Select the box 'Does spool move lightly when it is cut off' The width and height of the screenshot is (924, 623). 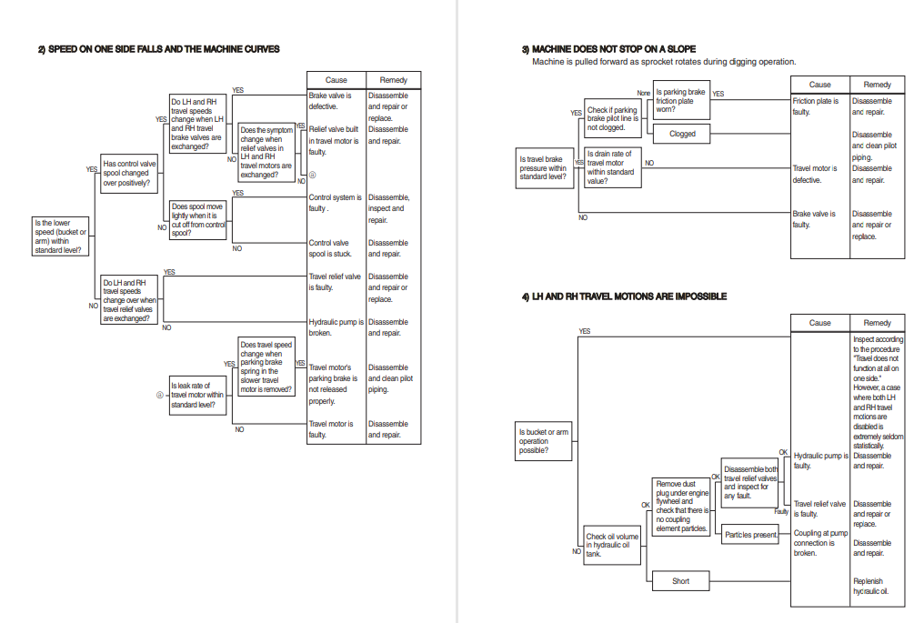pos(198,220)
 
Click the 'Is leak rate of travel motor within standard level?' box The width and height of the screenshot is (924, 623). pos(198,396)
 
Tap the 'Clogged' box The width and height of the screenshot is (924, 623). pos(682,134)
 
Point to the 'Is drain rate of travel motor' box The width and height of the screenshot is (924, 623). pos(610,167)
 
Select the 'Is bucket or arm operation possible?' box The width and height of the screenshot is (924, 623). pos(546,441)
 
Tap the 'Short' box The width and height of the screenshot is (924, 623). pos(680,581)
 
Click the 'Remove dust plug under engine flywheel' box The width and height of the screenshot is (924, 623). pos(682,506)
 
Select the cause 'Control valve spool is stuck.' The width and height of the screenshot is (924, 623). pos(334,248)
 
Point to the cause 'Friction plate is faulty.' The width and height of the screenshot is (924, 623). pos(816,106)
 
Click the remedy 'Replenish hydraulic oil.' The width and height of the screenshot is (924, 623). pos(870,587)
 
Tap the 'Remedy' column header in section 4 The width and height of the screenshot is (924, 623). pos(877,323)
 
